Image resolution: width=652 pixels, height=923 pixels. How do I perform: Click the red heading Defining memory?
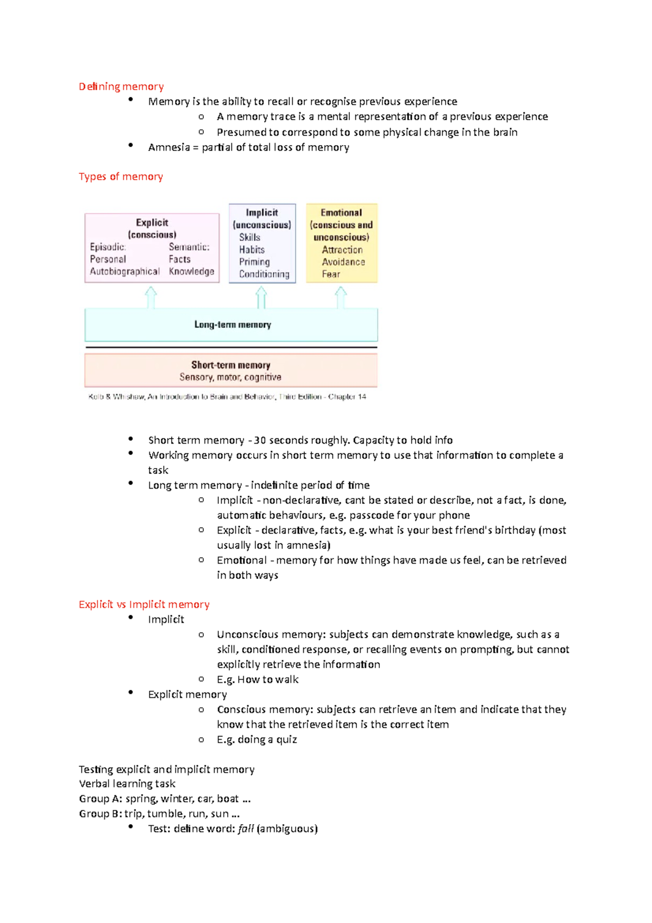[121, 86]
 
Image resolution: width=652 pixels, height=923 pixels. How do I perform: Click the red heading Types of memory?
[121, 177]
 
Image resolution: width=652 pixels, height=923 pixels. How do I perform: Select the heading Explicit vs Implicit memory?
[144, 604]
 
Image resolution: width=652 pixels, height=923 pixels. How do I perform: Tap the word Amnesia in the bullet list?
[169, 147]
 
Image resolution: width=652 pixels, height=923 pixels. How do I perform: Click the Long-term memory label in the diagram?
[233, 325]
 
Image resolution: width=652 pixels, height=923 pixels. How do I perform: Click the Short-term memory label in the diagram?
[230, 365]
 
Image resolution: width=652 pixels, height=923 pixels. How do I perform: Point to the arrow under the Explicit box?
[151, 297]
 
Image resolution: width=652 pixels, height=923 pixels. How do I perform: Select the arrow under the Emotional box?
[341, 297]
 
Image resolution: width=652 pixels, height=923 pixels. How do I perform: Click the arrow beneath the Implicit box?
[261, 297]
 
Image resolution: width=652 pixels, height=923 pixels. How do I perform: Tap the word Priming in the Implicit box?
[254, 262]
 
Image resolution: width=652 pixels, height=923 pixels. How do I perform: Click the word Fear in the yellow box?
[331, 275]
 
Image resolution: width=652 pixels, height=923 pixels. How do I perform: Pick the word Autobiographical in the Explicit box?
[124, 271]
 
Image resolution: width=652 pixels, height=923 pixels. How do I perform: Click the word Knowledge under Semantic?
[191, 271]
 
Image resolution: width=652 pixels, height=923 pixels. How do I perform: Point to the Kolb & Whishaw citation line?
[227, 397]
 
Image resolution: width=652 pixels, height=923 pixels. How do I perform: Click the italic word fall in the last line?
[246, 829]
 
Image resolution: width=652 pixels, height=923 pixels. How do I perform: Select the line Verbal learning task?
[127, 784]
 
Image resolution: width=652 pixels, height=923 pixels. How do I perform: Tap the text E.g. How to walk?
[258, 679]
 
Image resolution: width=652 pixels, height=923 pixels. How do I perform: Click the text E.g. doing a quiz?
[256, 739]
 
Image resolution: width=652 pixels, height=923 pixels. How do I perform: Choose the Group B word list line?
[159, 814]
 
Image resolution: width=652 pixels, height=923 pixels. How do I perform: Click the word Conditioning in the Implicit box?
[264, 275]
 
